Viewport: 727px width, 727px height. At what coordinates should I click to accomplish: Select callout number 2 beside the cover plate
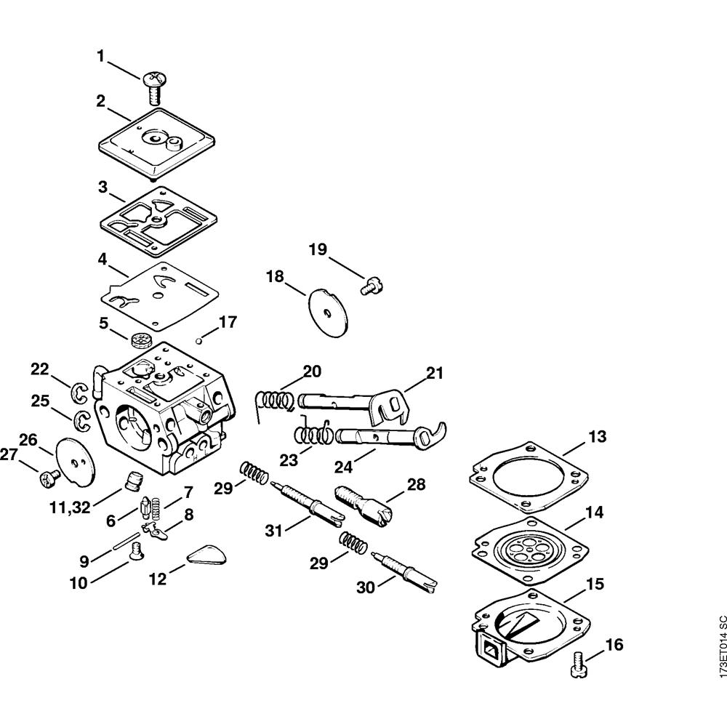tap(100, 100)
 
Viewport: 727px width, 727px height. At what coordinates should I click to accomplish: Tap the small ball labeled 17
tap(199, 339)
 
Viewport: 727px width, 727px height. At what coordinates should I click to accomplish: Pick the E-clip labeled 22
tap(80, 393)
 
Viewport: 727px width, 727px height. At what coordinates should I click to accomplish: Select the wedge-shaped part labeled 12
tap(206, 555)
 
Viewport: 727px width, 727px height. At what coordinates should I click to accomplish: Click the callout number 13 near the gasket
tap(597, 437)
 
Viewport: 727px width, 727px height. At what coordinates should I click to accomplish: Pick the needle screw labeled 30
tap(405, 568)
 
